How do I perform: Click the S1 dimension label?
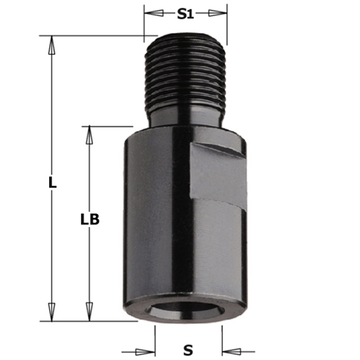[186, 14]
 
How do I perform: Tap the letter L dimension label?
[53, 183]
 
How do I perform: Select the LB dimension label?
[90, 220]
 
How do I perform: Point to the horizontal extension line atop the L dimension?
[98, 35]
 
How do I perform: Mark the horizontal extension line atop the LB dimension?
[108, 126]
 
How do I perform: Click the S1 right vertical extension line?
[227, 26]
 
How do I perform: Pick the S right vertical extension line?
[222, 337]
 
